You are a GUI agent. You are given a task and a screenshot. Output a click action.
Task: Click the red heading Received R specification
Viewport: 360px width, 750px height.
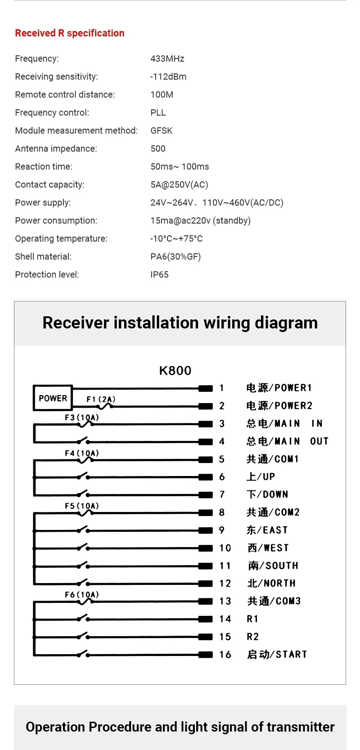pos(70,33)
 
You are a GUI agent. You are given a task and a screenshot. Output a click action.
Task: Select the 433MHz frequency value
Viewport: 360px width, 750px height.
pos(167,58)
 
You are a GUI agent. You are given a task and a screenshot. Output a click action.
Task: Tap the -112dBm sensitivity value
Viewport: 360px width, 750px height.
pos(168,76)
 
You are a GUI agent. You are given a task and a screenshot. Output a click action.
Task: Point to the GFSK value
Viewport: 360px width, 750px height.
pos(162,130)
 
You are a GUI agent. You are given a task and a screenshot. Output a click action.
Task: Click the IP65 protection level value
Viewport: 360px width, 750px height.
pos(159,274)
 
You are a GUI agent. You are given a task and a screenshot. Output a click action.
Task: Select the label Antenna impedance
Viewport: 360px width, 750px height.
pos(56,148)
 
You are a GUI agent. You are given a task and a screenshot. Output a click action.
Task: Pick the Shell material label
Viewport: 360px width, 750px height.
pos(43,256)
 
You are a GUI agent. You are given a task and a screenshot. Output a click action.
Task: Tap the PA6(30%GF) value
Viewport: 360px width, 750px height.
pos(175,257)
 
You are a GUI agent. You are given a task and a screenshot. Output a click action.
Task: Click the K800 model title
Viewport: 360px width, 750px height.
pos(175,370)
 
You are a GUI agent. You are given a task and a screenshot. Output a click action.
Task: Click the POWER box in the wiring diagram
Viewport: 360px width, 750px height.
pos(53,398)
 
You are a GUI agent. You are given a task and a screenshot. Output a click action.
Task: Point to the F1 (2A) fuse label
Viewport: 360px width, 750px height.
pos(101,399)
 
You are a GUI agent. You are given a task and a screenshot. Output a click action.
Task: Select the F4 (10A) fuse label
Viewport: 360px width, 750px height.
pos(82,453)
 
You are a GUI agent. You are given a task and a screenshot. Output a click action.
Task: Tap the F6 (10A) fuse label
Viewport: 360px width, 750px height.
pos(82,594)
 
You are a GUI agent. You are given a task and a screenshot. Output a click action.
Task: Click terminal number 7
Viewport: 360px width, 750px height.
pos(222,494)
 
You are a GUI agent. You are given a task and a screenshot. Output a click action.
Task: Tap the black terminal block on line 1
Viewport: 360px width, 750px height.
pos(206,388)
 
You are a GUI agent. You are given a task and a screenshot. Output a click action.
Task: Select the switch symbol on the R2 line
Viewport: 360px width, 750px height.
pos(83,636)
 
